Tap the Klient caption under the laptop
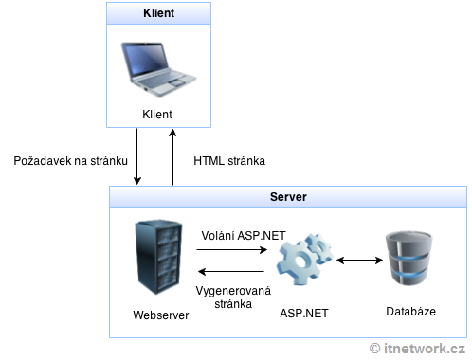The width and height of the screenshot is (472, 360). (x=156, y=116)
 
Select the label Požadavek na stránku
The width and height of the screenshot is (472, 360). (x=71, y=161)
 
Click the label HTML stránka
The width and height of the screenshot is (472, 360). (x=229, y=161)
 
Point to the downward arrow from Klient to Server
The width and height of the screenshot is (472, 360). (x=138, y=155)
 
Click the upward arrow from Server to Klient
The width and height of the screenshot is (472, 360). (x=173, y=155)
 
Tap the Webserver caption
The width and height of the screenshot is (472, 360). (x=160, y=313)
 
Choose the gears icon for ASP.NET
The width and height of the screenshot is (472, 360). (x=304, y=261)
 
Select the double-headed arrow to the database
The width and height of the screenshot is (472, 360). (x=357, y=260)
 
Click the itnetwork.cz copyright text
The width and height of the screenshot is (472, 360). (x=418, y=349)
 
